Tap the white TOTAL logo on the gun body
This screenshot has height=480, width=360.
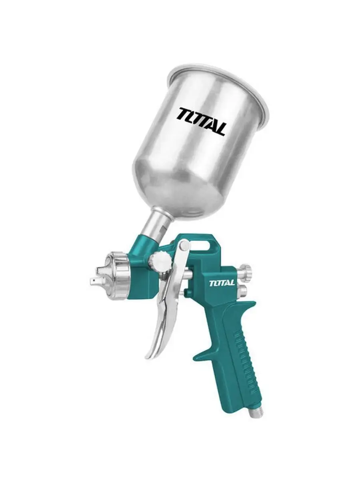point(222,283)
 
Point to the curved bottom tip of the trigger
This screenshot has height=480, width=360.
point(149,357)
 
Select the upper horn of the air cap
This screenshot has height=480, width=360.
point(99,270)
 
